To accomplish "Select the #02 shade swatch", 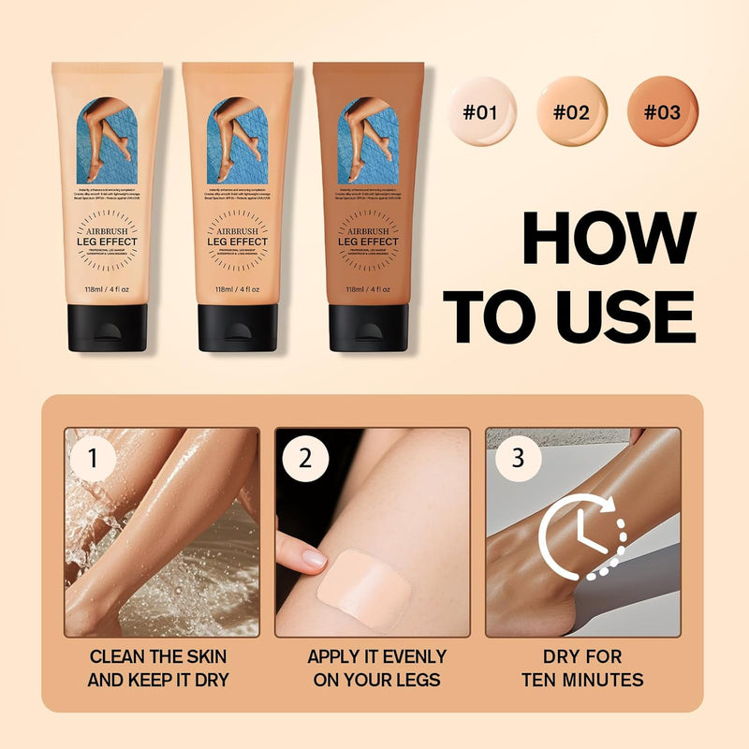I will pyautogui.click(x=571, y=111).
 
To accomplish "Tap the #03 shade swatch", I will pyautogui.click(x=661, y=111).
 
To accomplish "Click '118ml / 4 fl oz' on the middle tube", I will pyautogui.click(x=237, y=289).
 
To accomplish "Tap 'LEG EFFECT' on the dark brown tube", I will pyautogui.click(x=368, y=242).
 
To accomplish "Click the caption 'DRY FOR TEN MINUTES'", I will pyautogui.click(x=582, y=668).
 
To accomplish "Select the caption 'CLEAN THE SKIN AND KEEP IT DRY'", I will pyautogui.click(x=157, y=668).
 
